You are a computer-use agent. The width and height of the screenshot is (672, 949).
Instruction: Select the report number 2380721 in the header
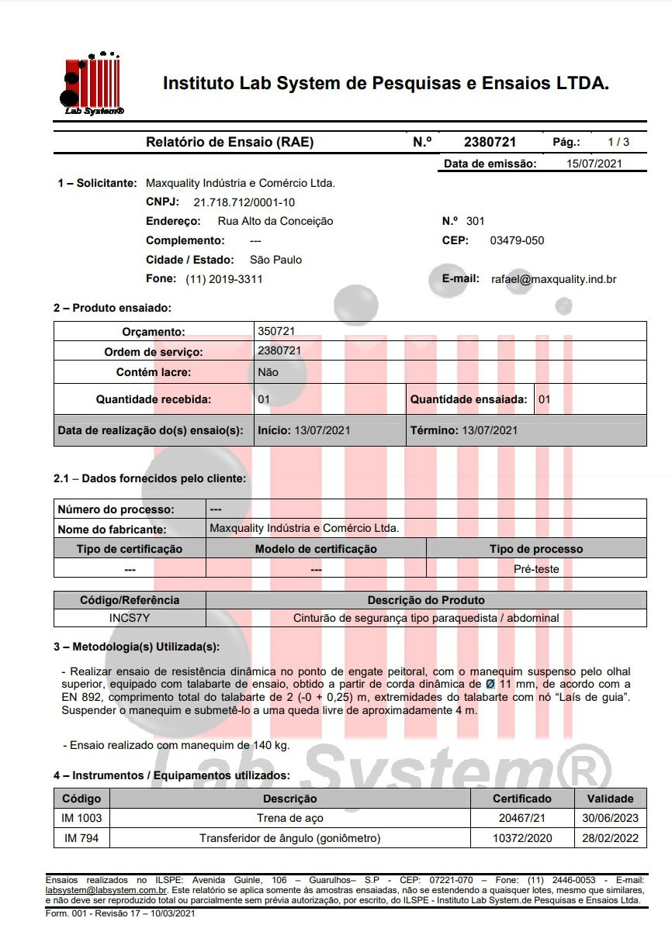(x=490, y=142)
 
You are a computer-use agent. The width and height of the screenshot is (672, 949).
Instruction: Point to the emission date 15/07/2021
(x=594, y=164)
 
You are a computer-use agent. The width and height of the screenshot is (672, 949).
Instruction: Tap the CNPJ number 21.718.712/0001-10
(x=244, y=202)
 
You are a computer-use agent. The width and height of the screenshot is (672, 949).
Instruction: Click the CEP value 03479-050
(x=517, y=240)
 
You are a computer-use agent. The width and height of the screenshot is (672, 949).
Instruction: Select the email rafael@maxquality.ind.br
(x=553, y=279)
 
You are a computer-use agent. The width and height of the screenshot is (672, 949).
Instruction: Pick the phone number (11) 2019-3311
(x=223, y=279)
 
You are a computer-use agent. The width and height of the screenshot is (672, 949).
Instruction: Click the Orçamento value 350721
(x=275, y=331)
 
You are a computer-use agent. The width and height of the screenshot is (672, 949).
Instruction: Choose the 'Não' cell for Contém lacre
(x=268, y=372)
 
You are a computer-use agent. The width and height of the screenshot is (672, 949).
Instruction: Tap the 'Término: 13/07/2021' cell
(x=463, y=430)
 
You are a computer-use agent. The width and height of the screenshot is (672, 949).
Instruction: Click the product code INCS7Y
(x=130, y=618)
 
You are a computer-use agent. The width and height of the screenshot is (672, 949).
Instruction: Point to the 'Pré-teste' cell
(x=536, y=568)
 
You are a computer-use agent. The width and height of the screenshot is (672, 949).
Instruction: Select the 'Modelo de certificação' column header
(x=316, y=549)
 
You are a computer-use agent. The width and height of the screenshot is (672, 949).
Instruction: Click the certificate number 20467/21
(x=521, y=818)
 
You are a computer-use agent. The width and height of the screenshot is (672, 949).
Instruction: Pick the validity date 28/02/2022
(x=610, y=838)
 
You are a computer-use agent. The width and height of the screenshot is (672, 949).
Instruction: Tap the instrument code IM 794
(x=81, y=838)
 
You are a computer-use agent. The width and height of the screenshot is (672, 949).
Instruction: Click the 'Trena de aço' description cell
(x=289, y=818)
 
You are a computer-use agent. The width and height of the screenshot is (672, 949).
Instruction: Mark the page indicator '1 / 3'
(x=618, y=142)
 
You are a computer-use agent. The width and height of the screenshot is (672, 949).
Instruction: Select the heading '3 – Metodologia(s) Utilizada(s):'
(x=137, y=647)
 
